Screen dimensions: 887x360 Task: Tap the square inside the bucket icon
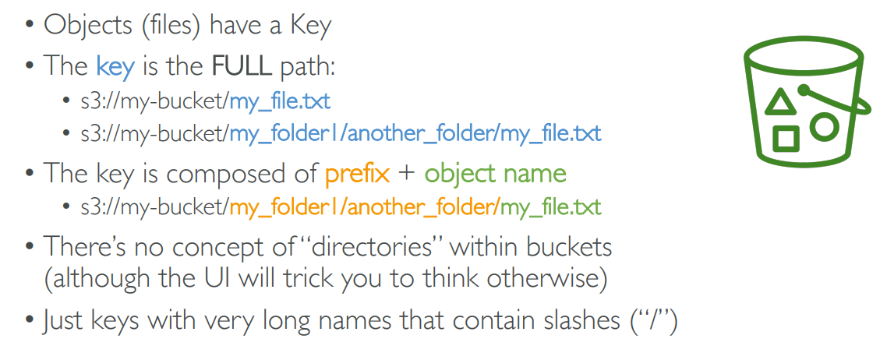pos(786,139)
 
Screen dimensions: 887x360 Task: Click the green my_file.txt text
pos(550,208)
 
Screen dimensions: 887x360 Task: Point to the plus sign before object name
pos(407,174)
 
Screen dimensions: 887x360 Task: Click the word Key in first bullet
pos(311,26)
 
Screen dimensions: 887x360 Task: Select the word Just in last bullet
pos(64,321)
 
